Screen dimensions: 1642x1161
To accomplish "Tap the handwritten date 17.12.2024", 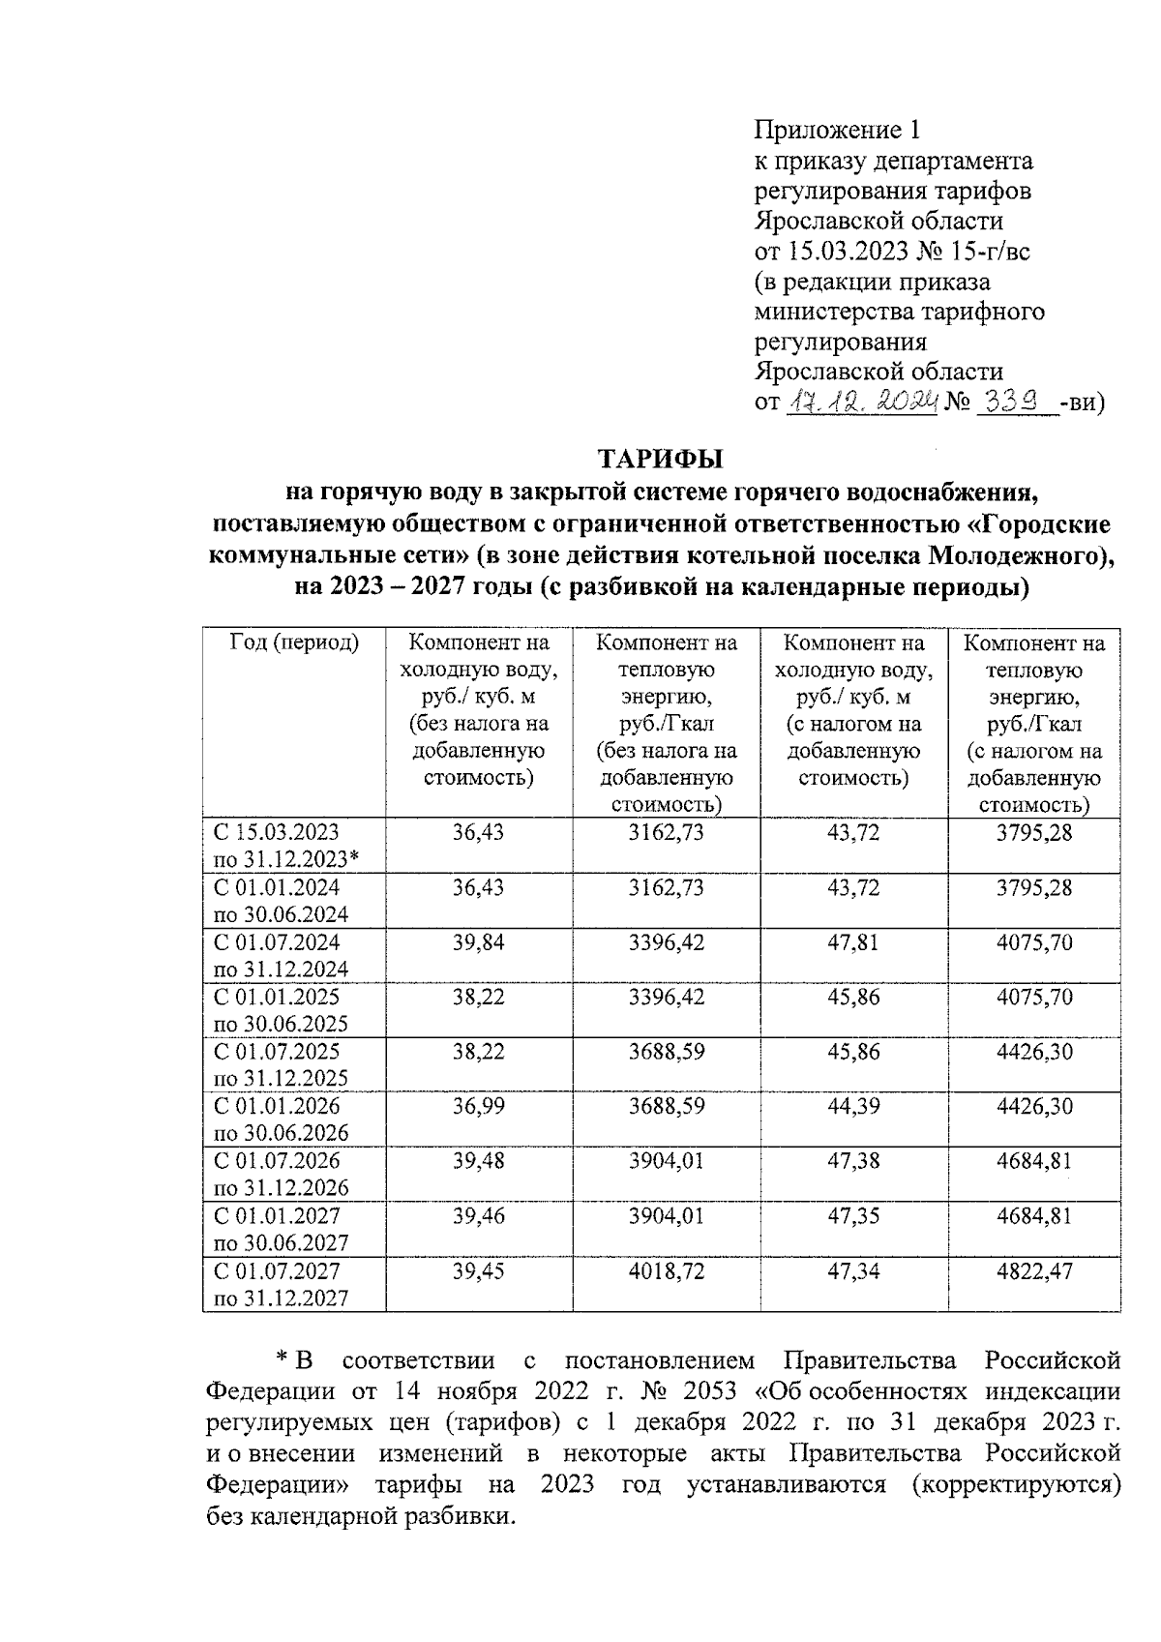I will tap(863, 401).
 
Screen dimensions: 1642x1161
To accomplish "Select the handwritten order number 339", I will tap(1015, 401).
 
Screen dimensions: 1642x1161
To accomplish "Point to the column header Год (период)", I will tap(293, 642).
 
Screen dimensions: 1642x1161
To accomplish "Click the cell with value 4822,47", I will tap(1034, 1270).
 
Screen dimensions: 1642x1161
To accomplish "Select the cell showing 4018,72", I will tap(667, 1270).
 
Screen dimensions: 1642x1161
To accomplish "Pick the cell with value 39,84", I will tap(478, 942).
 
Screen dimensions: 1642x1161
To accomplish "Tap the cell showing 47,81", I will tap(853, 942).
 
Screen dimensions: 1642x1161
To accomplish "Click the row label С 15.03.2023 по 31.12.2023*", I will tap(286, 846).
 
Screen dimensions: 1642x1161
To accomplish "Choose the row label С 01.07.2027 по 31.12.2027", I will tap(281, 1284).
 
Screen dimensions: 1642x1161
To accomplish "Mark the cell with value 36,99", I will tap(478, 1106).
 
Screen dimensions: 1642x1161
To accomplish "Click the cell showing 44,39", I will tap(853, 1106).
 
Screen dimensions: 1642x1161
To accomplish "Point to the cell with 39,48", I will tap(478, 1161).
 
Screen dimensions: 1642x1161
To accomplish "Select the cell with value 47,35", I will tap(853, 1215).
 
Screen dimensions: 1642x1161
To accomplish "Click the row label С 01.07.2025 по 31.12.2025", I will tap(281, 1064).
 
